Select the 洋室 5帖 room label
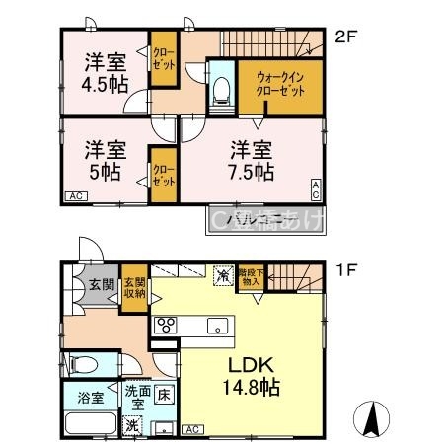click(x=103, y=161)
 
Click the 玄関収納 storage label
click(x=134, y=287)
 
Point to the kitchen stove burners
click(x=165, y=326)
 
